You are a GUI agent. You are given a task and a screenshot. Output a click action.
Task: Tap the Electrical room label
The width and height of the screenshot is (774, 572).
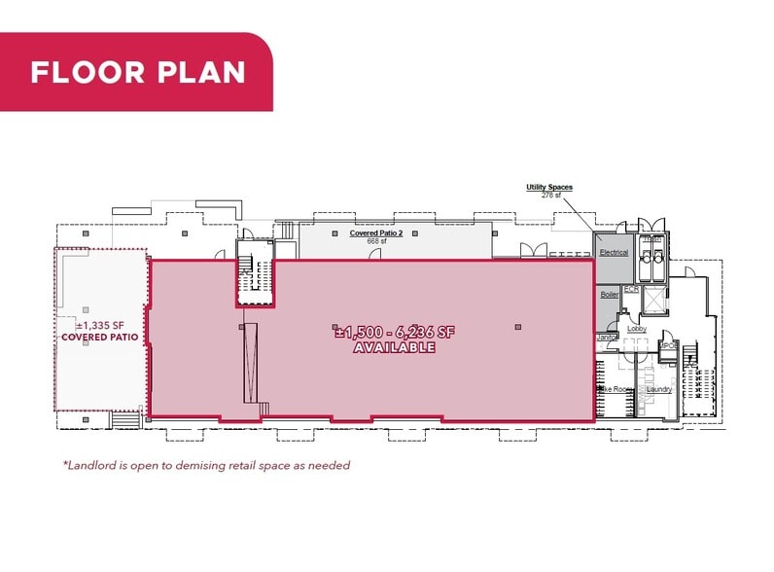tap(614, 253)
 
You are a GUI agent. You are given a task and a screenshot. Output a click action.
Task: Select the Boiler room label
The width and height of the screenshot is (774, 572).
tap(610, 294)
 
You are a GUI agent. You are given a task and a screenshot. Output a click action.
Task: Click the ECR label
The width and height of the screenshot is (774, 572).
tap(631, 290)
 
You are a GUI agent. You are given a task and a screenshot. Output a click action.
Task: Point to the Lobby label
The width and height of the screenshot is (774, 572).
tap(637, 329)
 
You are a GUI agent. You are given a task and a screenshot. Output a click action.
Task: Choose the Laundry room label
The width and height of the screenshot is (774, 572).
tap(659, 390)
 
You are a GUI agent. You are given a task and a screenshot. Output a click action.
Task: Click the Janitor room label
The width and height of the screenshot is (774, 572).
tap(607, 338)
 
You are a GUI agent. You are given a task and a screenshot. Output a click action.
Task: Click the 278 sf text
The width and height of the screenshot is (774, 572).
tap(551, 197)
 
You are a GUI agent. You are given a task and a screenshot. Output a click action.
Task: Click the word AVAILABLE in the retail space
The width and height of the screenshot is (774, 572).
tap(394, 347)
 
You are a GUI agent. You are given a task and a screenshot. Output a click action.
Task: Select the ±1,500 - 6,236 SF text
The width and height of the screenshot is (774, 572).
tap(394, 332)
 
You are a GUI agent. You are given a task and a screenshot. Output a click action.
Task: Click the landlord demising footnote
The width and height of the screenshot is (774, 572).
tap(205, 465)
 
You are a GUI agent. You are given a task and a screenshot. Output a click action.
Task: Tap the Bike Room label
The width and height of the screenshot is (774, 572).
tap(616, 390)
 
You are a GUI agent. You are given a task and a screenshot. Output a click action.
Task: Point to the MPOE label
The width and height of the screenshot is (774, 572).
tap(668, 346)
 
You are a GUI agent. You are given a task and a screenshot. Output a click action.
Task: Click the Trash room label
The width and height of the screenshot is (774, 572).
tap(651, 239)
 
